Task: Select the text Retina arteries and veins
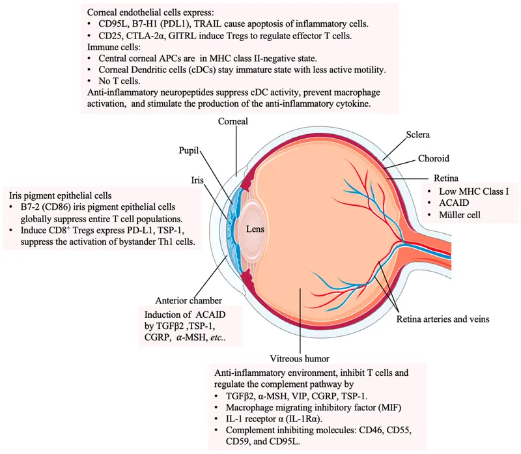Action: point(439,319)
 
